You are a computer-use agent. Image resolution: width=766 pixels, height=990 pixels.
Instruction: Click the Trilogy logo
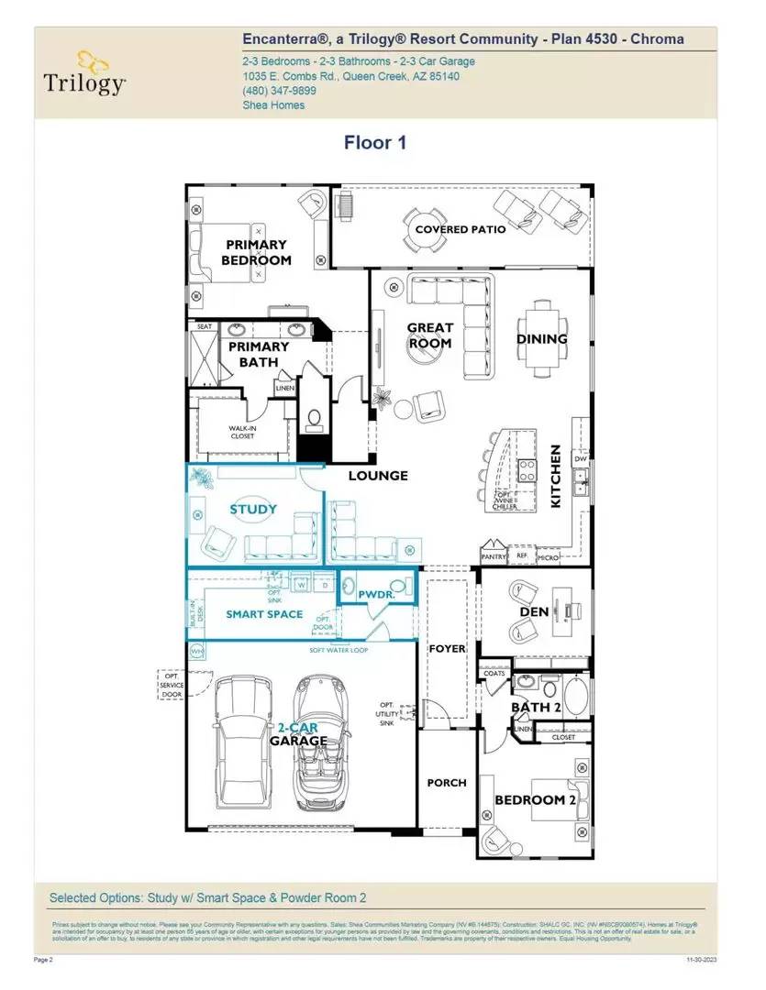(84, 72)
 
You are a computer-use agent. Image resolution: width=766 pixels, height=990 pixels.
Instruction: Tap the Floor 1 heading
(374, 142)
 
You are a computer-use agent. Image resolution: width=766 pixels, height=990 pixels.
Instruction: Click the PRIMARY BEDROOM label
(256, 252)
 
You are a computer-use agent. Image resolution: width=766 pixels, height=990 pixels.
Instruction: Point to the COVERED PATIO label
(460, 229)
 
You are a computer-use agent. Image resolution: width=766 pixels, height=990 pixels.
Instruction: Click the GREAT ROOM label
(430, 335)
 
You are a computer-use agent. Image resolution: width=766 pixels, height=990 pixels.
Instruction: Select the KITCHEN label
(555, 478)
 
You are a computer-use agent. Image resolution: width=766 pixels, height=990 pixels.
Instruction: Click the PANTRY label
(494, 556)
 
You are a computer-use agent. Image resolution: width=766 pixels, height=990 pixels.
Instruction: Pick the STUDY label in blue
(253, 510)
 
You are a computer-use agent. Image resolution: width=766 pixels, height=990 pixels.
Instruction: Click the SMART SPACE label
(264, 614)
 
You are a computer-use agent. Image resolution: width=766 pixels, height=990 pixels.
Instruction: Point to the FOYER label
(448, 649)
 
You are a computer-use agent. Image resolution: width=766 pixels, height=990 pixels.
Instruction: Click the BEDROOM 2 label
(537, 800)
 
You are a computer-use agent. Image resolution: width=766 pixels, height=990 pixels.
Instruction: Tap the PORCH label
(447, 783)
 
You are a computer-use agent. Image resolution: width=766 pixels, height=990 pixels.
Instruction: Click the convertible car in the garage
(322, 742)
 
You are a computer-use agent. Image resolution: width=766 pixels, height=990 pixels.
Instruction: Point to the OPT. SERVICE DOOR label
(172, 686)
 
